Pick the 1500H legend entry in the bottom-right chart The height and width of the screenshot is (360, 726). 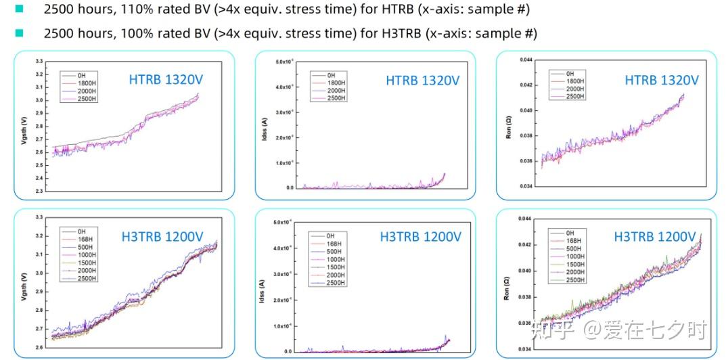pos(574,265)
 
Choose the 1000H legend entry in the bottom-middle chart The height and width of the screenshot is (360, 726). pos(335,260)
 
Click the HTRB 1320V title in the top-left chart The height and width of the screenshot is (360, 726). pos(166,80)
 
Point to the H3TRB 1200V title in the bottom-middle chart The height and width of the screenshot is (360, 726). pos(420,237)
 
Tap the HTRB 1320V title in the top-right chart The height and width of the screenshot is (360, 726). pos(661,80)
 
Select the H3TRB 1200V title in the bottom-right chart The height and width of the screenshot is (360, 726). pos(654,237)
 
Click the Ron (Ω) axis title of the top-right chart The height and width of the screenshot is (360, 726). pos(509,127)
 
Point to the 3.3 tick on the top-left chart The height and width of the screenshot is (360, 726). pos(39,61)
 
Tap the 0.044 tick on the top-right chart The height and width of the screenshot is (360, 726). pos(526,60)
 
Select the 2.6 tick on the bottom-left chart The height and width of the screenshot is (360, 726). pos(39,348)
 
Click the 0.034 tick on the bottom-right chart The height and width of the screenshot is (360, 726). pos(526,349)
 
